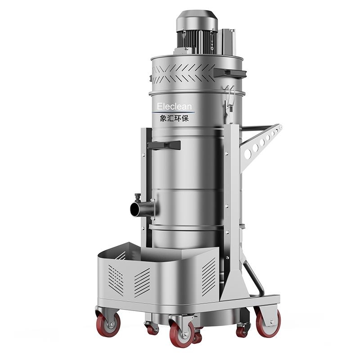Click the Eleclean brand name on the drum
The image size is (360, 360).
(174, 106)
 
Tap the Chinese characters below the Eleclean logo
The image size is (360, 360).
(174, 118)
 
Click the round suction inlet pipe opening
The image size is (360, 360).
(135, 209)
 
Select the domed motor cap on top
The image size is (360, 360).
(197, 20)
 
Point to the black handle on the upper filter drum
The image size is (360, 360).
(230, 73)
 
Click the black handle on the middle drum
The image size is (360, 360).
(164, 145)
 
